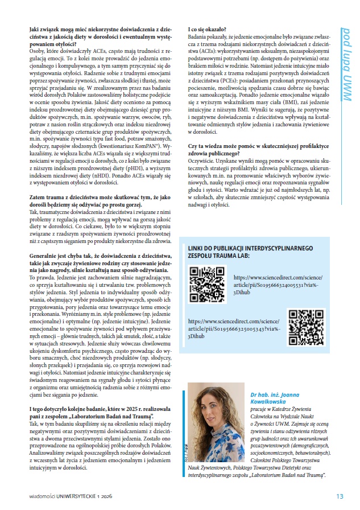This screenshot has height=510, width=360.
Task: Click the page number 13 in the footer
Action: click(x=340, y=496)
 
